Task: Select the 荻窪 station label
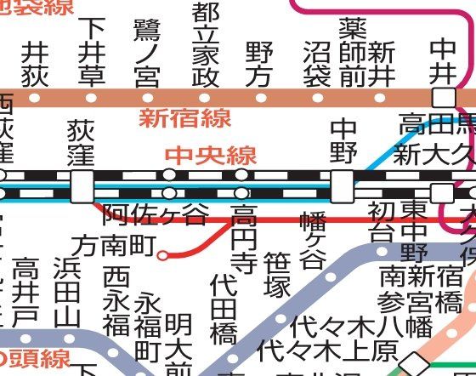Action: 82,142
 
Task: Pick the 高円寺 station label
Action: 243,239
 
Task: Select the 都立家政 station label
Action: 203,44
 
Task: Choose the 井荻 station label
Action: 35,65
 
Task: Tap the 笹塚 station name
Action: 278,275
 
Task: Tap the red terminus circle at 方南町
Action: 162,253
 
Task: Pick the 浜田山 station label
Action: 65,292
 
